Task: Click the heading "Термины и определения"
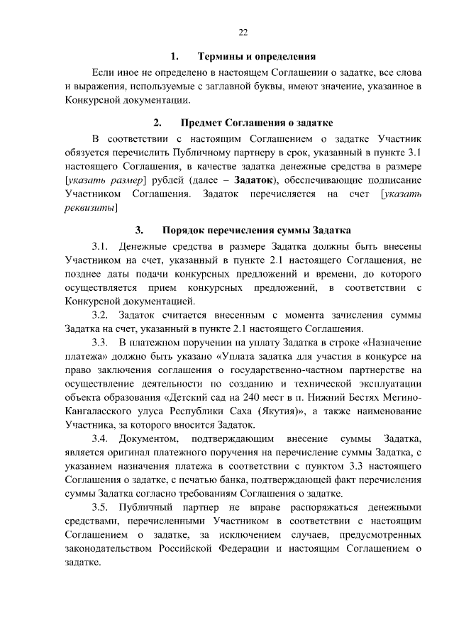(x=256, y=56)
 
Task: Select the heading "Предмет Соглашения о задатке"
(x=257, y=123)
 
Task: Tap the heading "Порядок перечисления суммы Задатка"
(x=256, y=230)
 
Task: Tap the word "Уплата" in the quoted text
(x=242, y=356)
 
